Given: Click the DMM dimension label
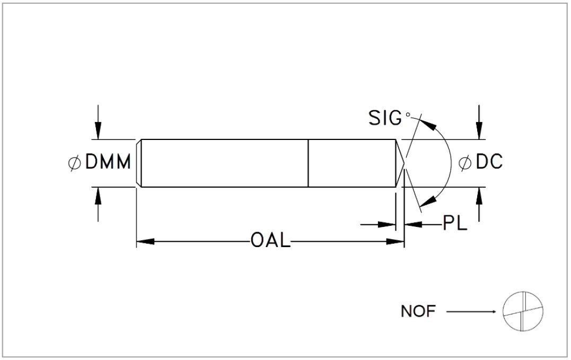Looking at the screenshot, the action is point(108,162).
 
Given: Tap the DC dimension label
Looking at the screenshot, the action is point(489,162).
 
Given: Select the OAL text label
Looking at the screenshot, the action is point(270,241).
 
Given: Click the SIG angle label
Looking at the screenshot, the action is point(385,118).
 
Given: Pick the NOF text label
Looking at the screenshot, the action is point(418,311).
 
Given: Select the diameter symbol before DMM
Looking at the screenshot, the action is point(74,163).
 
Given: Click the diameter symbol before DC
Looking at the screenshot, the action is point(464,163).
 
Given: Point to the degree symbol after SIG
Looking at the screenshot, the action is point(408,115).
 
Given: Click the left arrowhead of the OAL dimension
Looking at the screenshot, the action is point(145,241).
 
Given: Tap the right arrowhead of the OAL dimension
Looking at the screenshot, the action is point(396,241).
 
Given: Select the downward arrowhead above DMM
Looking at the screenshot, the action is point(98,130).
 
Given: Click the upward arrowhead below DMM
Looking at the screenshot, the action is point(98,196).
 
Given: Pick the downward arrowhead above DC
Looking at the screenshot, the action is point(479,130).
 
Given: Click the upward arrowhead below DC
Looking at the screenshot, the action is point(479,196).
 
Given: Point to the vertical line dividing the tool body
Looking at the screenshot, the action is point(308,163).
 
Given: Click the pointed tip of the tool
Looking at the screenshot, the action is point(404,163).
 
